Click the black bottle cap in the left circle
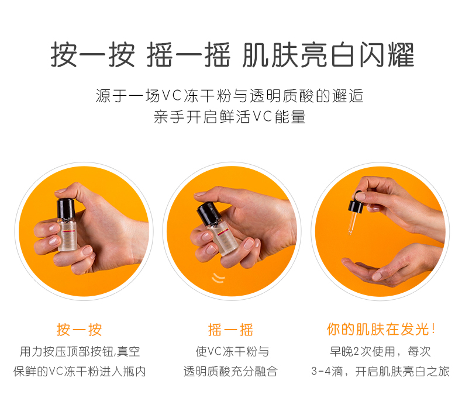pos(65,209)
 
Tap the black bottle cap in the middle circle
pos(209,213)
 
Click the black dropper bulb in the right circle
pos(356,203)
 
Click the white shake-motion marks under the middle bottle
pos(218,278)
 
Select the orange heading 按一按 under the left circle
pos(80,330)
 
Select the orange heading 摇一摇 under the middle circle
pos(230,330)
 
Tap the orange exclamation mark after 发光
pos(433,329)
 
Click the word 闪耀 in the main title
pos(387,55)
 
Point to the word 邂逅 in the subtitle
pos(348,96)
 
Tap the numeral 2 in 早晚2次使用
pos(356,352)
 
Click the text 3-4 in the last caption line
pos(321,372)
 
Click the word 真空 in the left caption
pos(129,352)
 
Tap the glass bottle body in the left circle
pos(67,235)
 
